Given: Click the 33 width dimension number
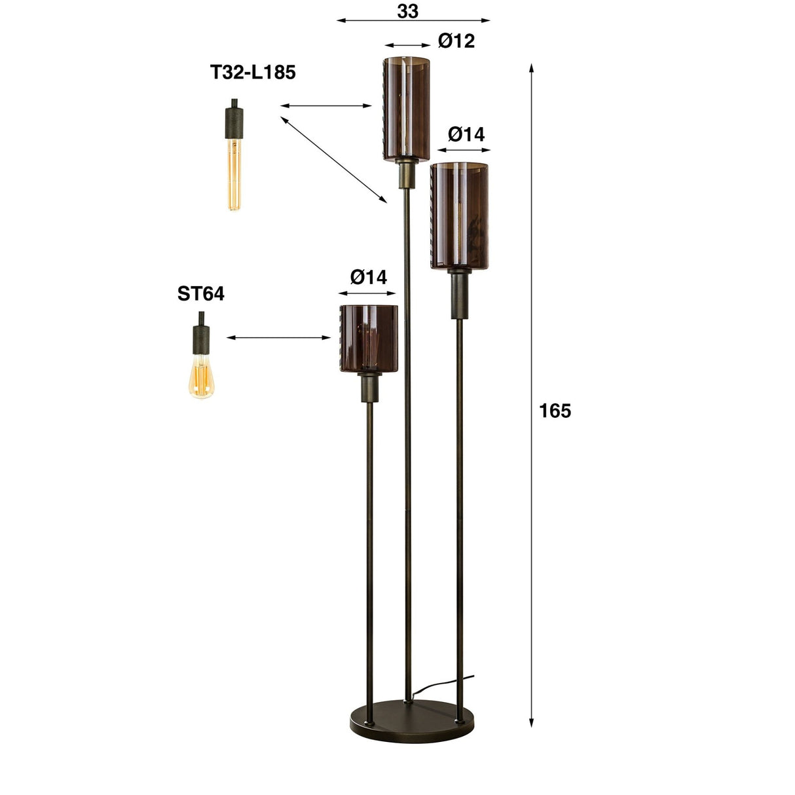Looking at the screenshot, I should coord(407,10).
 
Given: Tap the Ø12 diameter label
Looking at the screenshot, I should coord(456,41).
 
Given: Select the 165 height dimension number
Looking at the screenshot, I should coord(555,411).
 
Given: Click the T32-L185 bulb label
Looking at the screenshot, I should coord(253,72).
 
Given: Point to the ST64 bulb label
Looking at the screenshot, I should coord(200,294).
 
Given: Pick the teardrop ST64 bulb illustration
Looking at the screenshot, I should coord(201,377).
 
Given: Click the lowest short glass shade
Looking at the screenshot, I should coord(369,338).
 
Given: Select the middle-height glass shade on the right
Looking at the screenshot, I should coord(460,216).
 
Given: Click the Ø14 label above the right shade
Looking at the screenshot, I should coord(466,134).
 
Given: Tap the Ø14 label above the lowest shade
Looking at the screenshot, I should coord(369,277).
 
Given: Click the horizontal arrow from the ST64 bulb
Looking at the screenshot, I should coord(279,338).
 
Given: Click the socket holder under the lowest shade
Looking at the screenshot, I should coord(369,388).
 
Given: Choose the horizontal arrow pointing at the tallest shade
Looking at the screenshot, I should coord(326,105).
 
